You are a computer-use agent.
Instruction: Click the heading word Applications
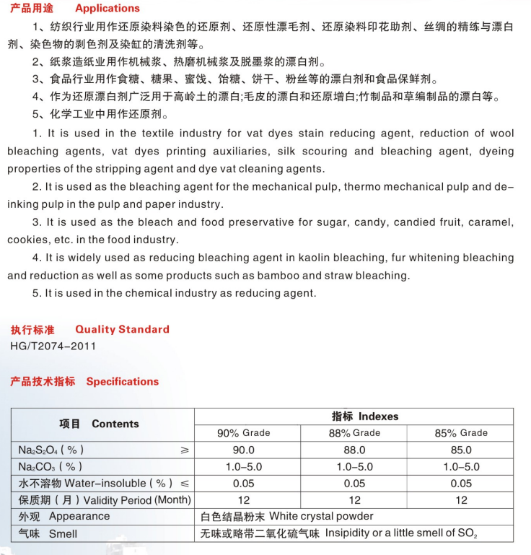click(107, 9)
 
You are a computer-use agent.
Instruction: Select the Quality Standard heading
click(122, 329)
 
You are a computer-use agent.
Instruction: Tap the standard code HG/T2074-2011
click(53, 346)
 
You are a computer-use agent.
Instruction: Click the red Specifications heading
click(122, 382)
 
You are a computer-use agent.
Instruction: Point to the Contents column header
click(115, 424)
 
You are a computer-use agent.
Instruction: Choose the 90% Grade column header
click(244, 433)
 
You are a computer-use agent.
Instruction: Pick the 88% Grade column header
click(354, 433)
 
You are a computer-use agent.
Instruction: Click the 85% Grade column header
click(461, 433)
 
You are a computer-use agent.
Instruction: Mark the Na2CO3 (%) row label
click(51, 467)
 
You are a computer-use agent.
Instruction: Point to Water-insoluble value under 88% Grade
click(354, 484)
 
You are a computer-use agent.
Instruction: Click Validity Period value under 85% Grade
click(461, 500)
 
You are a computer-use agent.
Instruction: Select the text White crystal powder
click(322, 517)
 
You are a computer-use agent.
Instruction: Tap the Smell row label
click(63, 534)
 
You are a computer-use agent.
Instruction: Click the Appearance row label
click(79, 517)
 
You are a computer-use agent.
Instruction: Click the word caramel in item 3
click(490, 222)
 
